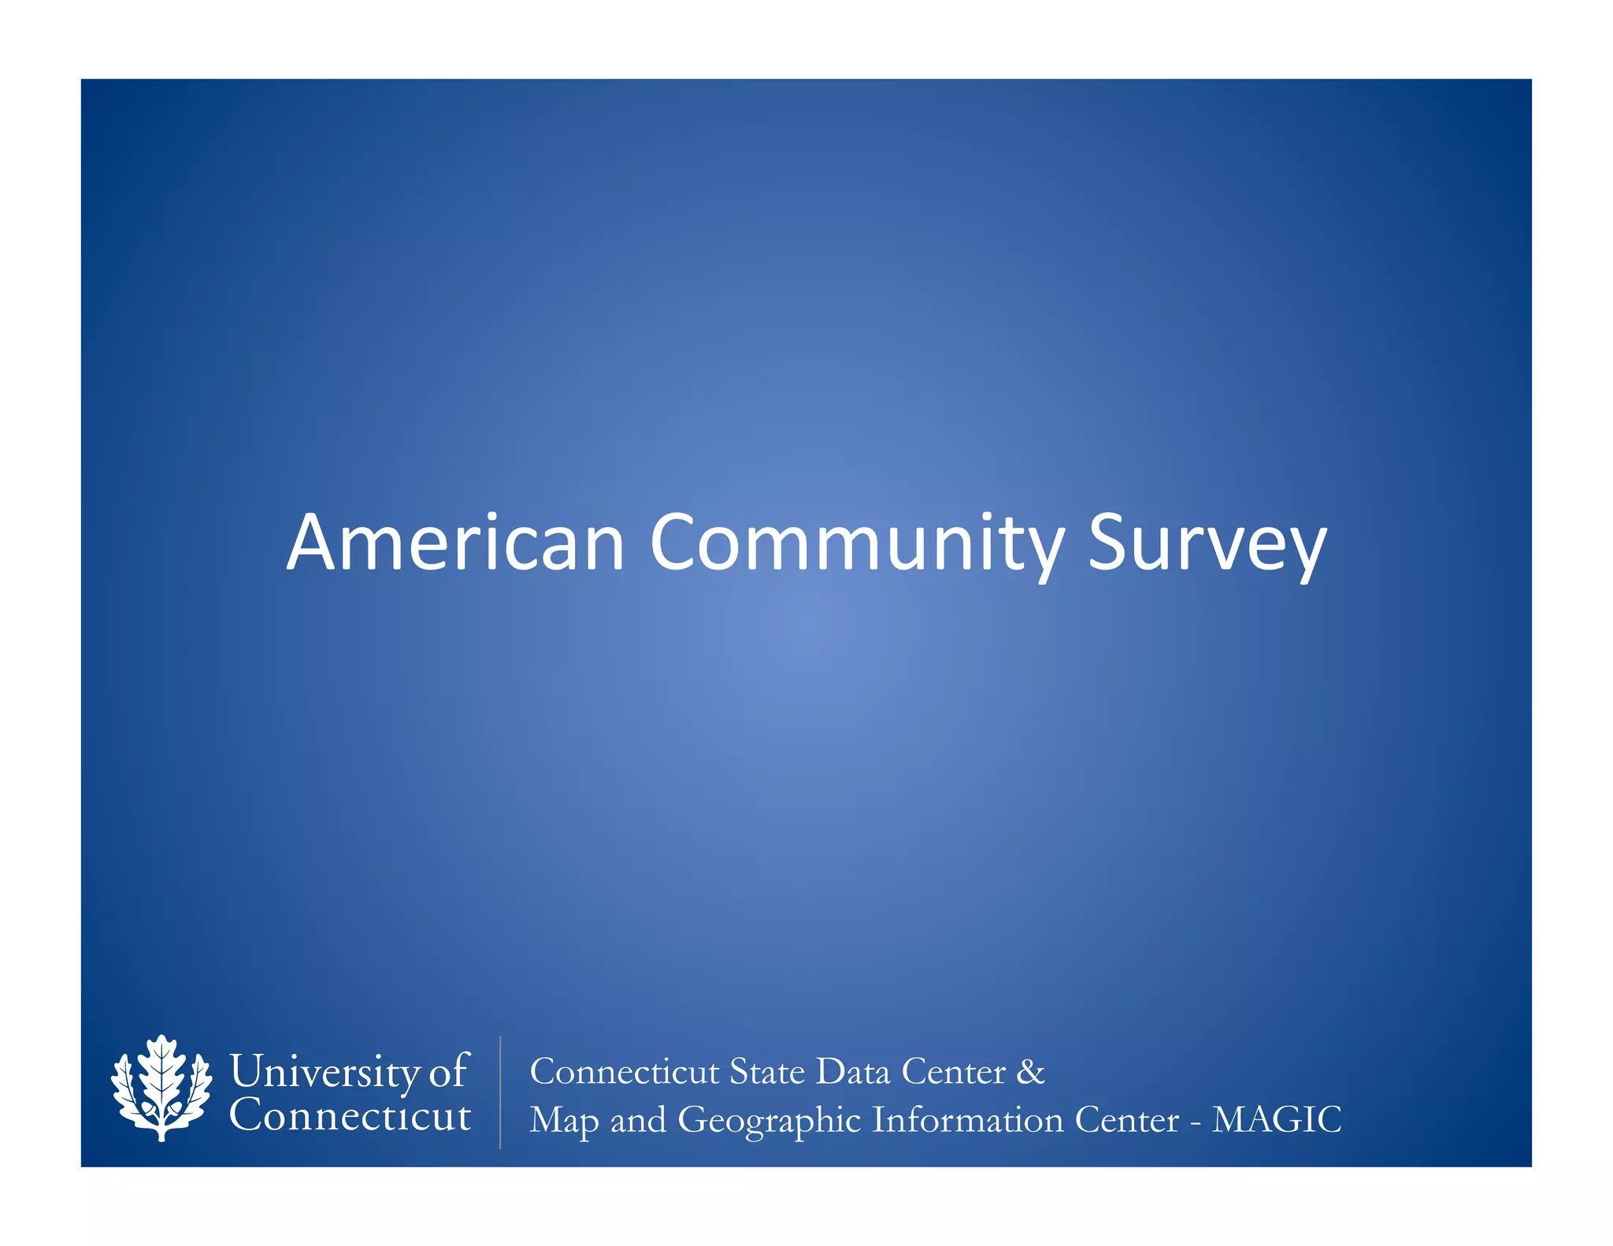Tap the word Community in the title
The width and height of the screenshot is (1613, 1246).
click(857, 543)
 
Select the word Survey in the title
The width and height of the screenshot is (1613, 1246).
click(1207, 543)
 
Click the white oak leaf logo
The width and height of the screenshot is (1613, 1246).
click(161, 1088)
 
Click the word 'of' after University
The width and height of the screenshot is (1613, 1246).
click(448, 1071)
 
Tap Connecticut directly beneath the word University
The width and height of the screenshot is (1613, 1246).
click(350, 1115)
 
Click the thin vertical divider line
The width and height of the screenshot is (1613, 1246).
click(500, 1092)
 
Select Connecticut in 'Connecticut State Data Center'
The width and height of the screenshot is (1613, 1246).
click(624, 1072)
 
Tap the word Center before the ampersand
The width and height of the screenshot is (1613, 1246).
click(953, 1072)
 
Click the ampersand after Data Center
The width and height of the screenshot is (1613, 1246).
click(1030, 1072)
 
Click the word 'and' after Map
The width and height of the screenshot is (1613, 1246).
click(637, 1120)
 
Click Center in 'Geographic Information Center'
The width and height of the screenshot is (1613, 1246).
click(1126, 1120)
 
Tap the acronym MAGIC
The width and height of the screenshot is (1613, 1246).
click(1276, 1120)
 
